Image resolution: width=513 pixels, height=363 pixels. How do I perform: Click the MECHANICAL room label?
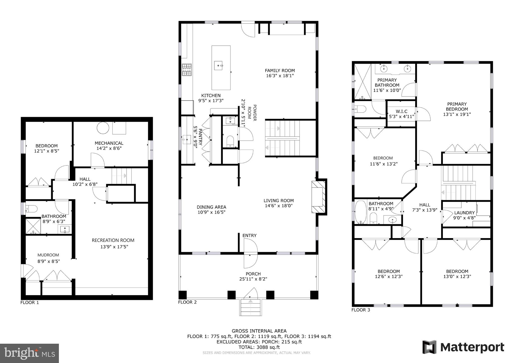tap(109, 143)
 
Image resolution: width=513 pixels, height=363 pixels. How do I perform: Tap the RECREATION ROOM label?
tap(113, 240)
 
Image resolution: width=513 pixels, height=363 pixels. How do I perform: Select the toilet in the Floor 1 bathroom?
tap(32, 209)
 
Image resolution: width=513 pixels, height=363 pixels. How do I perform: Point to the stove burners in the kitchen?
tap(187, 69)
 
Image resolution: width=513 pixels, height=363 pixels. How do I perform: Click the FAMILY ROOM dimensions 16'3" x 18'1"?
tap(280, 76)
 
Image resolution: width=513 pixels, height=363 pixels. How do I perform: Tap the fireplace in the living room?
tap(318, 197)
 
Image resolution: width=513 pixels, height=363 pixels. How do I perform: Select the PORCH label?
tap(253, 274)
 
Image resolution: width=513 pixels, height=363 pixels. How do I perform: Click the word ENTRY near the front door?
tap(249, 235)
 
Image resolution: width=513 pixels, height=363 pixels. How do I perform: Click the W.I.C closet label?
tap(401, 111)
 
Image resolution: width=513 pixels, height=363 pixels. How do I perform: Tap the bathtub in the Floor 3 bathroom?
tap(360, 212)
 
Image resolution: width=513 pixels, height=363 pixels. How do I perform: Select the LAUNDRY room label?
tap(464, 213)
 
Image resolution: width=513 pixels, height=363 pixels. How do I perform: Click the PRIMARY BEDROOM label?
tap(457, 107)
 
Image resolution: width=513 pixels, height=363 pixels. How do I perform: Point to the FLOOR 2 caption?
tap(187, 302)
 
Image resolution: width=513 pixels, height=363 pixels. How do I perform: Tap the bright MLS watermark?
tap(29, 353)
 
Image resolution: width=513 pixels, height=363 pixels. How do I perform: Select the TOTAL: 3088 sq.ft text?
tap(259, 347)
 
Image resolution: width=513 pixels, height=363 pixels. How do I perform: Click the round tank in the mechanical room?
tap(103, 128)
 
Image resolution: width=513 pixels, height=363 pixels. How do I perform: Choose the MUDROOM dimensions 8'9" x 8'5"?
tap(49, 261)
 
